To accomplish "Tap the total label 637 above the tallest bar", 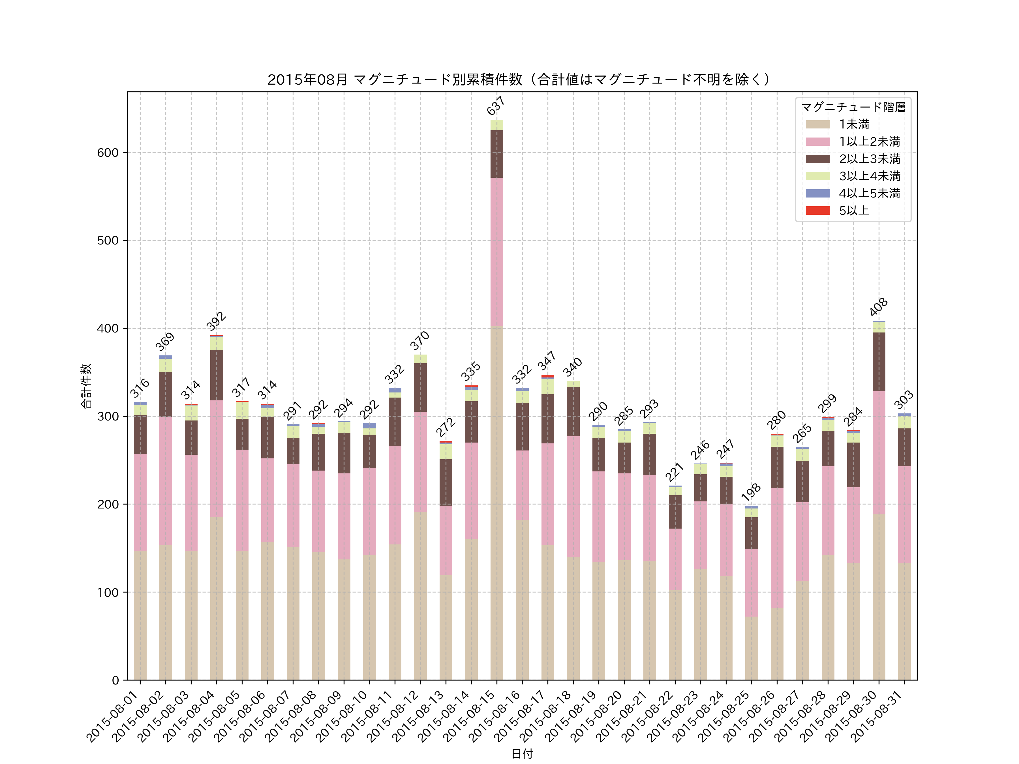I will tap(496, 106).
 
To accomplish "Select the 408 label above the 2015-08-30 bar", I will tap(879, 307).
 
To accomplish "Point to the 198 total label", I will tap(751, 492).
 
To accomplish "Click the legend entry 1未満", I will tap(854, 124).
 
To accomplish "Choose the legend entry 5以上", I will tap(854, 211).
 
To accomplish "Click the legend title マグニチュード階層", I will tap(853, 107).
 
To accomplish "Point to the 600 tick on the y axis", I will tap(108, 153).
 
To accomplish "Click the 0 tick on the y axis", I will tap(115, 680).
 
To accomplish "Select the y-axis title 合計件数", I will tap(86, 386).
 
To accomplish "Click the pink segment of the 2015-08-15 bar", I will tap(496, 252).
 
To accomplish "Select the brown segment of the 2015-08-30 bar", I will tap(879, 362).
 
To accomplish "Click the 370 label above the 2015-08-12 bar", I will tap(420, 340).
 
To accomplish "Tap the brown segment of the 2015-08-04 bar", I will tap(217, 375).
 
